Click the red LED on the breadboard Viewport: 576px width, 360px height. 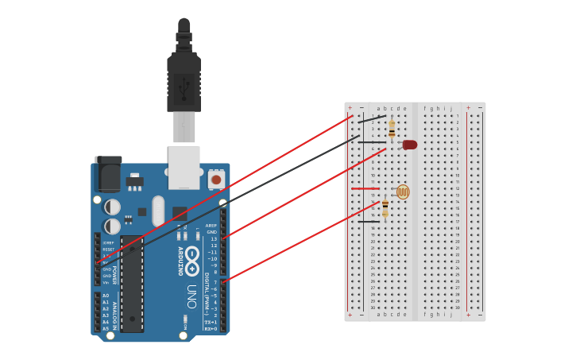410,145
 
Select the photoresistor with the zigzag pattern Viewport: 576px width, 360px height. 403,192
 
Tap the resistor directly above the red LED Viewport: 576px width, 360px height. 392,127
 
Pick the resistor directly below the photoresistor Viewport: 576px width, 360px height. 385,208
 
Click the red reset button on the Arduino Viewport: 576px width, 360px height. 215,180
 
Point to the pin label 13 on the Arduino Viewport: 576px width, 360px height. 213,239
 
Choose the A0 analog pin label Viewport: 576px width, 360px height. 106,296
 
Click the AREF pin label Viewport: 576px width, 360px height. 211,226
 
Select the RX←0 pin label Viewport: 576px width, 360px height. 211,328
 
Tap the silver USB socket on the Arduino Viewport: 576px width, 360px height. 184,167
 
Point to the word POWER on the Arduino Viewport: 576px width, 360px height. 114,275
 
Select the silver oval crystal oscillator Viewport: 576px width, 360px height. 158,211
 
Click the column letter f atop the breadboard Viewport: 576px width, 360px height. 425,109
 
